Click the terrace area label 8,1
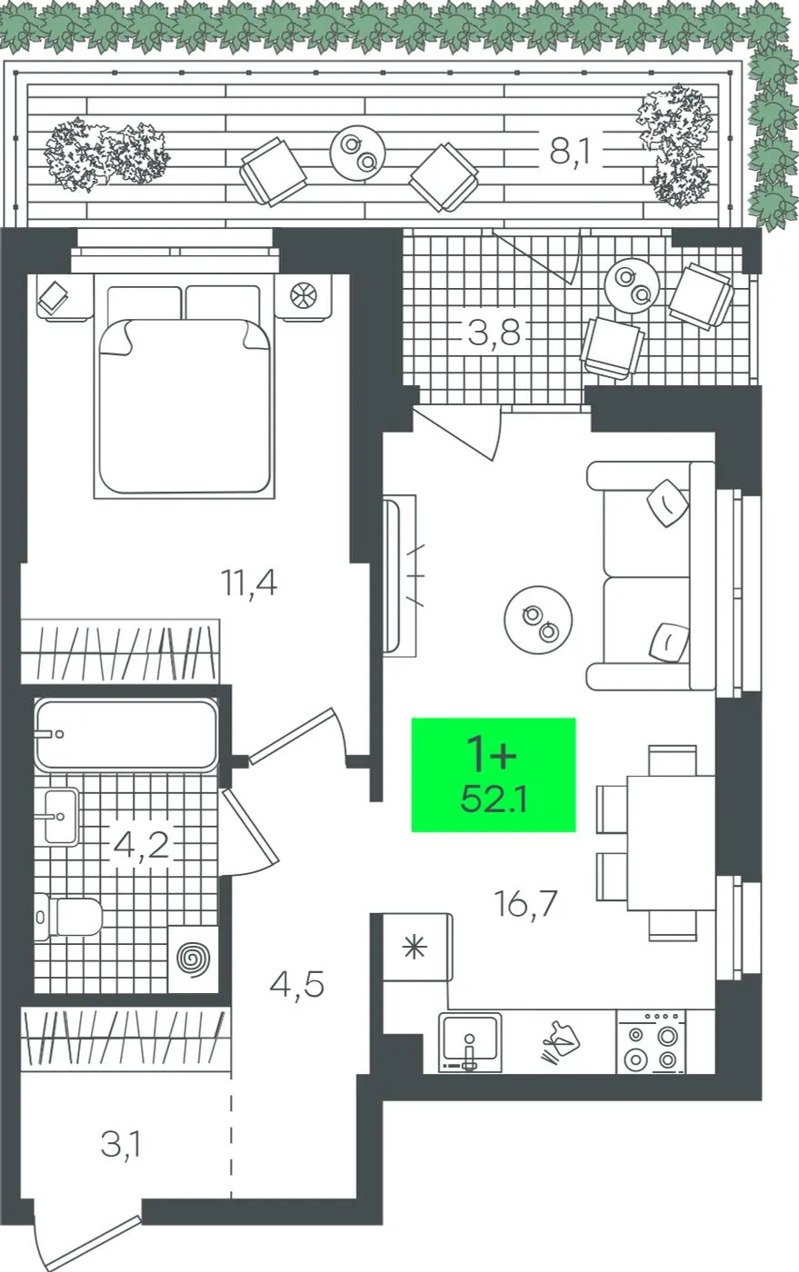(570, 153)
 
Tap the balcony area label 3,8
(494, 333)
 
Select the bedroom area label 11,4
(249, 582)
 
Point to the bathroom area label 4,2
(142, 844)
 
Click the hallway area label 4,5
(296, 984)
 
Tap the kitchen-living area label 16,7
(526, 903)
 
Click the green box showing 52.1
(494, 774)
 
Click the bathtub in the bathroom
(126, 734)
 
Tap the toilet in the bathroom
(68, 917)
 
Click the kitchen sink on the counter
(470, 1042)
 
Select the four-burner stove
(651, 1041)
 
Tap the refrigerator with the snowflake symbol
(418, 947)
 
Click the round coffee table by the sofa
(538, 620)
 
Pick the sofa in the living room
(651, 576)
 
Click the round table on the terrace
(357, 153)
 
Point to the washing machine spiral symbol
(194, 959)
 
